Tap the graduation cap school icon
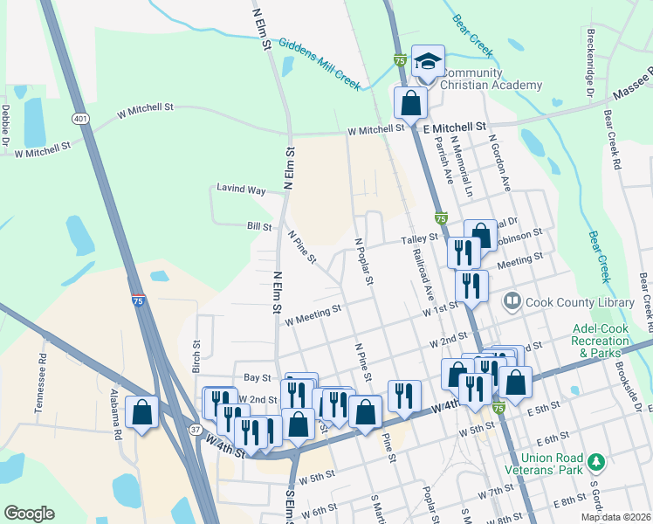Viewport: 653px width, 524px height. click(x=428, y=61)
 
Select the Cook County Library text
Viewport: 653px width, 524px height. click(x=579, y=302)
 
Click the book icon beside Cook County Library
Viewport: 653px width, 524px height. click(x=512, y=302)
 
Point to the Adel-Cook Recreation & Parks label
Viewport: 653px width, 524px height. click(x=601, y=341)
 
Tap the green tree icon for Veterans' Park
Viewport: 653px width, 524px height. click(x=596, y=460)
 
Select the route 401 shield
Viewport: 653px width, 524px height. click(x=80, y=119)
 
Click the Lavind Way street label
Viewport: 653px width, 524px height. click(x=243, y=190)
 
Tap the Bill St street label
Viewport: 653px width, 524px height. click(x=259, y=226)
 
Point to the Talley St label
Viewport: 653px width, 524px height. click(x=418, y=238)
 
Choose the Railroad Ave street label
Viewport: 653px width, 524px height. click(x=424, y=273)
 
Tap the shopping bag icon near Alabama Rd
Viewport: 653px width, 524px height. click(x=141, y=413)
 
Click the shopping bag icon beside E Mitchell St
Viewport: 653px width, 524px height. click(x=410, y=102)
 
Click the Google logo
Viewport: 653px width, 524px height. click(x=29, y=514)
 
